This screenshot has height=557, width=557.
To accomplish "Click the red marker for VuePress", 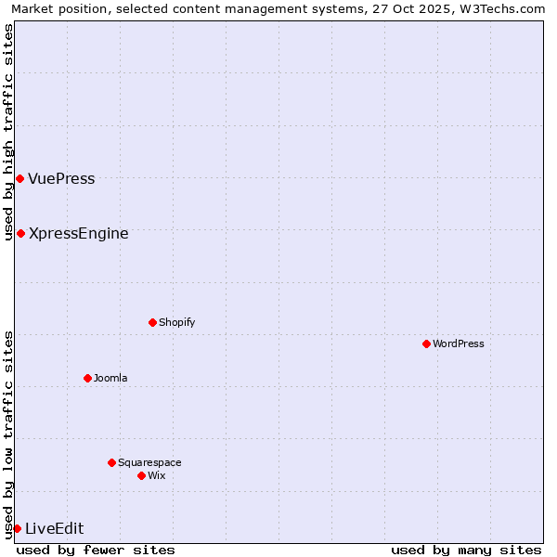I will pos(19,178).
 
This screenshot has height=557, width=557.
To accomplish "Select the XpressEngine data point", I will pos(20,233).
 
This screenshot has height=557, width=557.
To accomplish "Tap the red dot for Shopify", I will pos(152,322).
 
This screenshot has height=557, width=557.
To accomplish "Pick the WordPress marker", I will pos(426,343).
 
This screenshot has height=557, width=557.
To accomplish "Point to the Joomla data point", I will pos(87,378).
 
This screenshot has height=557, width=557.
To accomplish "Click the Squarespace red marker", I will pos(111,462).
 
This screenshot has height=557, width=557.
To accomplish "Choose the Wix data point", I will pos(141,475).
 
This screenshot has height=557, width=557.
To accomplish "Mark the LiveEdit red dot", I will pos(17,528).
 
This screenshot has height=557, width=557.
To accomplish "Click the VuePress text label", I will pos(61,178).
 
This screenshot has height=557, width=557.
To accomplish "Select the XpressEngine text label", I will pos(79,233).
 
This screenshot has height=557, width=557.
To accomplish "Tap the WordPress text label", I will pos(459,343).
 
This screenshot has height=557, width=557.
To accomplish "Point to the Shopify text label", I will pos(177,322).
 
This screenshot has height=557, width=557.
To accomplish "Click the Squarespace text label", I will pos(149,462).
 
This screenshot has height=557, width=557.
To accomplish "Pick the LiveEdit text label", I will pos(55,528).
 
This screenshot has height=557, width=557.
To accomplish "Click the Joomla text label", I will pos(110,378).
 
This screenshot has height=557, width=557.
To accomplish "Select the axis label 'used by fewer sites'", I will pos(96,550).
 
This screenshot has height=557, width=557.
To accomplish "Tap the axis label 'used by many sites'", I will pos(466,550).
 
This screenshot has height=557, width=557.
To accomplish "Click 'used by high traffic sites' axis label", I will pos(8,132).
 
